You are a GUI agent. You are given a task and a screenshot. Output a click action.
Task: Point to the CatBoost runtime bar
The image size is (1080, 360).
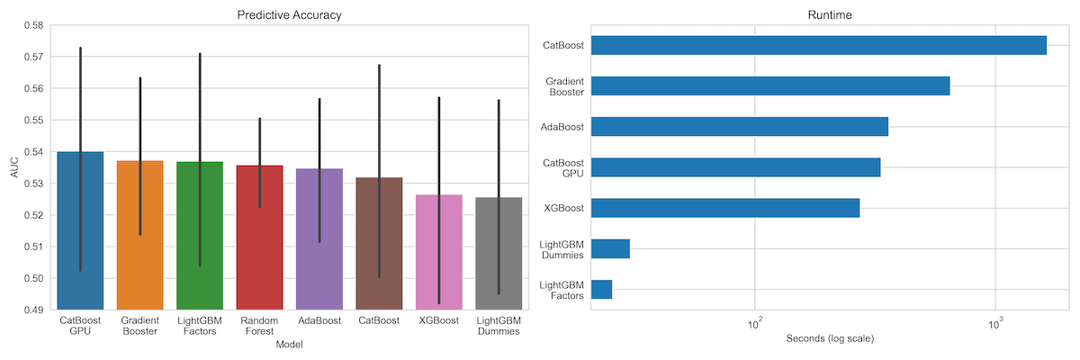[x=818, y=45]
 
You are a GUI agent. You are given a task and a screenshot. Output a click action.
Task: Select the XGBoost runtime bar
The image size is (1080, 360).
[x=724, y=208]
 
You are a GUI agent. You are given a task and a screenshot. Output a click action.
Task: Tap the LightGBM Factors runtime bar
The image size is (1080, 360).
[x=601, y=289]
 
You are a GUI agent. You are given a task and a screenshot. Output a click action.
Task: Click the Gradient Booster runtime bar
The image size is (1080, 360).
[x=769, y=85]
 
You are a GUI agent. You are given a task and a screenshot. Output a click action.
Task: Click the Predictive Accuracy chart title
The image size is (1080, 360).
[x=289, y=14]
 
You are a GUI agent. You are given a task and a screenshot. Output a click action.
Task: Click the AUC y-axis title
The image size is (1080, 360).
[x=13, y=167]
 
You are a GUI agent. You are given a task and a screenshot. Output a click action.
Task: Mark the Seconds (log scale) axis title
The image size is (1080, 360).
[x=829, y=339]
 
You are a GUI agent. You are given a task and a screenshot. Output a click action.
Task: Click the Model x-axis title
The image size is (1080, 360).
[x=289, y=345]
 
